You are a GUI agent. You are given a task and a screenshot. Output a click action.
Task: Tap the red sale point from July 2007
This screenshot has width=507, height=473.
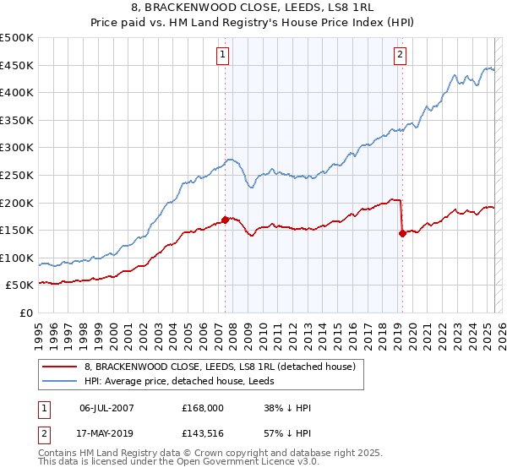click(x=226, y=220)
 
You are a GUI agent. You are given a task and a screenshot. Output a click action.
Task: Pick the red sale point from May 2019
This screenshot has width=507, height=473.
click(x=402, y=234)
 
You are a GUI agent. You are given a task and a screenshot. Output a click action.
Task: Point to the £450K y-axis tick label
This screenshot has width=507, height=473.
click(x=17, y=65)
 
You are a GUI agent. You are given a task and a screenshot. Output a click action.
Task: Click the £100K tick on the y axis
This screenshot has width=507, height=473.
click(x=17, y=258)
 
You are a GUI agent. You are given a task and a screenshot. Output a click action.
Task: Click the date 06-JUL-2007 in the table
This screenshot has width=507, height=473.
click(x=106, y=408)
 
